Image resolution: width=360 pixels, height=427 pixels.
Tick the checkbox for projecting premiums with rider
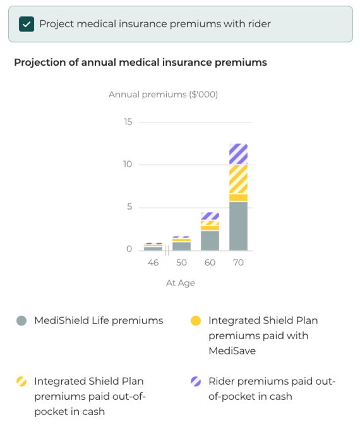pos(27,24)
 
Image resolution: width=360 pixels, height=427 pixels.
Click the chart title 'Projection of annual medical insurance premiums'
pos(140,63)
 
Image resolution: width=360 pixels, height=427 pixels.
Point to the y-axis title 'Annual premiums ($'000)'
pos(163,95)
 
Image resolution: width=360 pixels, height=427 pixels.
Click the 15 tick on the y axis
pos(128,122)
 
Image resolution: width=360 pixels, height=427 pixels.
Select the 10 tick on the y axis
pos(128,164)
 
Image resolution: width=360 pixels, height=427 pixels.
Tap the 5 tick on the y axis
pos(129,207)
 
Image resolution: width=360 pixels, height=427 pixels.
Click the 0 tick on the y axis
pos(129,250)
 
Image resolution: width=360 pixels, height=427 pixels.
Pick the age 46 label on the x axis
pos(153,262)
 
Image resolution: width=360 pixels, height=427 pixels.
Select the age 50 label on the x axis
pos(181,262)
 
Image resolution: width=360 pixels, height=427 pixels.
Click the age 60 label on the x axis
pos(210,262)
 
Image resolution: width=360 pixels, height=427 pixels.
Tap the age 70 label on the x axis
pos(238,262)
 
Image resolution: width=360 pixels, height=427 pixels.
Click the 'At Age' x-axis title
pos(181,283)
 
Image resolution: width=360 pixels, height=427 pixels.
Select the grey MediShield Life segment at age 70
pos(238,226)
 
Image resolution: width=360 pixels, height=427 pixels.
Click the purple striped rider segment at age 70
pos(238,154)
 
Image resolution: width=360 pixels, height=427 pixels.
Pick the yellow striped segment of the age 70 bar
pos(238,179)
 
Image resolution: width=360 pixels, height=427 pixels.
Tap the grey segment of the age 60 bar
pos(210,241)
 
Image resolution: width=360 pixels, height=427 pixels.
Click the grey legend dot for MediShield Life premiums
pos(21,321)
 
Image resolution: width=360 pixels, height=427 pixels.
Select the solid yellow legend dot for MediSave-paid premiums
pos(196,321)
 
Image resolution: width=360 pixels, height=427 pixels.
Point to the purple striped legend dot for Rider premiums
pos(196,382)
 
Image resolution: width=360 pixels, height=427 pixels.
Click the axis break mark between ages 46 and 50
pos(167,250)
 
